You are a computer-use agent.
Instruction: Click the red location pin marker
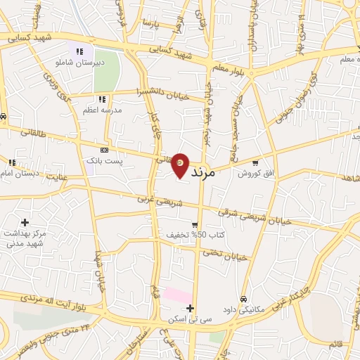(181, 165)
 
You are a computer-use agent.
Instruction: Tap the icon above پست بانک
(105, 150)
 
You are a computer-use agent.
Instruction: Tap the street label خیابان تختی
(229, 255)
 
